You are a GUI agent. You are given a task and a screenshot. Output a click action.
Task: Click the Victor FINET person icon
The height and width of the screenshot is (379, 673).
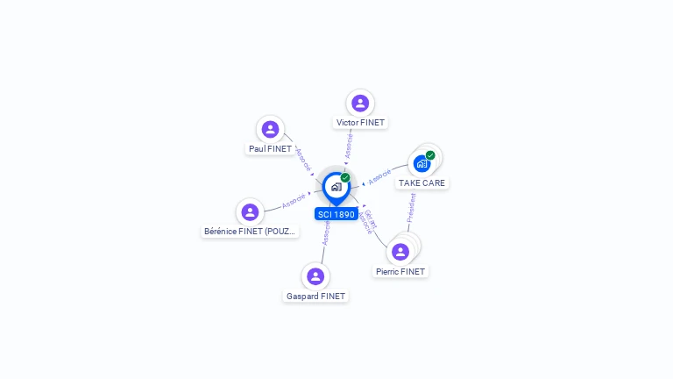(359, 103)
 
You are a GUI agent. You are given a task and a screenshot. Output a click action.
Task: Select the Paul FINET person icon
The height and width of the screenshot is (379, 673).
(271, 130)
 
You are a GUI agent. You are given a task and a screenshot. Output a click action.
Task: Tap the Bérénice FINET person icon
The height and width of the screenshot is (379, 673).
(250, 212)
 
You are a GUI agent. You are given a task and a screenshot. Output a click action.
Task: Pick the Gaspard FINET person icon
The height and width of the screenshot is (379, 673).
(315, 276)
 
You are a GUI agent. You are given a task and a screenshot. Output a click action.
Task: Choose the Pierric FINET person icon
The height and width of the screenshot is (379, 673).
(400, 252)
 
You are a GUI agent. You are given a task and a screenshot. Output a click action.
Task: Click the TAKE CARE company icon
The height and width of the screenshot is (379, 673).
(422, 164)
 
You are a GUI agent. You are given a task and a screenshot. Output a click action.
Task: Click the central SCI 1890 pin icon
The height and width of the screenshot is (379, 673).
(335, 187)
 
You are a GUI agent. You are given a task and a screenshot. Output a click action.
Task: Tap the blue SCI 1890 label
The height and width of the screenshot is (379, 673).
(336, 214)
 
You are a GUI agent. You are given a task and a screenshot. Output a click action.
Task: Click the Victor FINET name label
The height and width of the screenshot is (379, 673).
(360, 123)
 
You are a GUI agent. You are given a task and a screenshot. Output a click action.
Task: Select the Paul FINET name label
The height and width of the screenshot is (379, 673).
(270, 149)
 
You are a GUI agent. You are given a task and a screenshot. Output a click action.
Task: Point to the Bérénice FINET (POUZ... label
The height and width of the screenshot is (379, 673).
(251, 232)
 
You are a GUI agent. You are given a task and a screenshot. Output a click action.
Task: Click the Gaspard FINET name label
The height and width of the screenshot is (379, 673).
(316, 297)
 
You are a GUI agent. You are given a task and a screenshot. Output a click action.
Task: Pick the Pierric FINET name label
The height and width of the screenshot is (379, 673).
(400, 272)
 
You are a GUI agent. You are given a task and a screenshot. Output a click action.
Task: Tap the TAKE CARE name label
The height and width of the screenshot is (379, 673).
(422, 183)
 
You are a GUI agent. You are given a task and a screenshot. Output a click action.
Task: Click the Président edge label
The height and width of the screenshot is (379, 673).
(411, 208)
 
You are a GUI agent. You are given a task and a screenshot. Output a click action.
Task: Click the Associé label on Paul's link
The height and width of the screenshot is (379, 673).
(303, 158)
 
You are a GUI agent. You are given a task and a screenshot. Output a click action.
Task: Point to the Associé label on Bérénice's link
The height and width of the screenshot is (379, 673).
(294, 201)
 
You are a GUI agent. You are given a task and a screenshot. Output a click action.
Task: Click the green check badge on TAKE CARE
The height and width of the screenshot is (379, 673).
(430, 155)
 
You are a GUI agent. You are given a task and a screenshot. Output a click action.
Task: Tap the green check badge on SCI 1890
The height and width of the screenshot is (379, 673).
(345, 177)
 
